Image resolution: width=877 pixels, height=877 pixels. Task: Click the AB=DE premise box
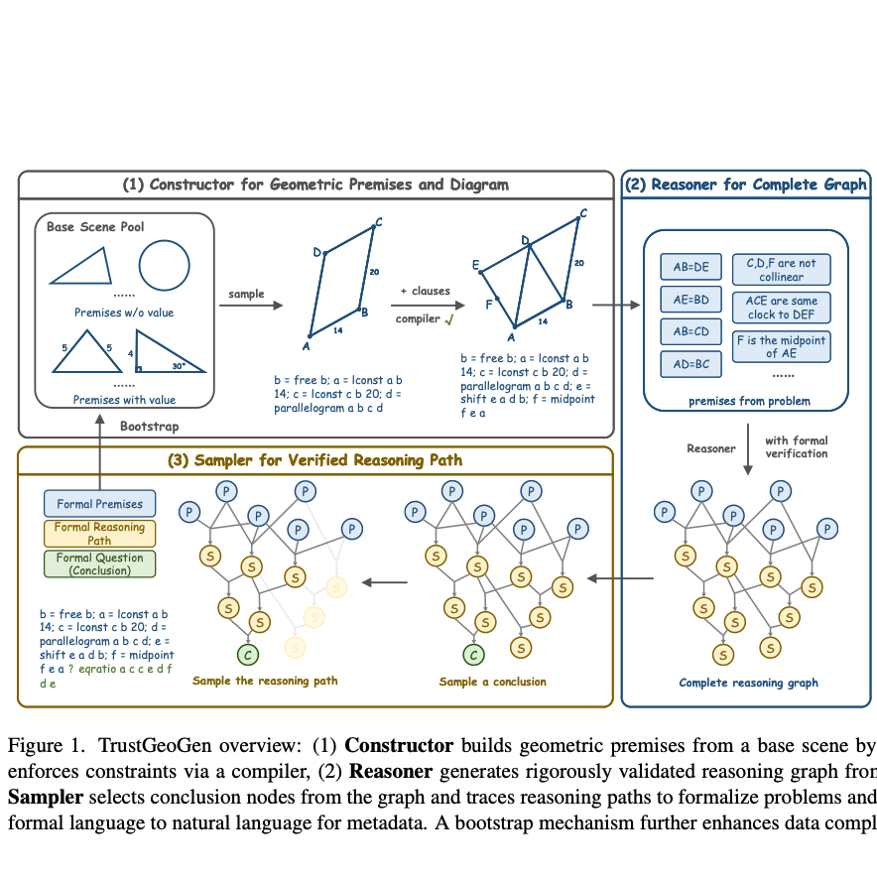(690, 267)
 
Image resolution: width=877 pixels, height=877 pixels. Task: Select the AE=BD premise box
(690, 299)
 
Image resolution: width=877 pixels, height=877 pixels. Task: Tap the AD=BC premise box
(690, 364)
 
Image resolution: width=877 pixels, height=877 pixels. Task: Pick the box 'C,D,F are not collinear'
(781, 270)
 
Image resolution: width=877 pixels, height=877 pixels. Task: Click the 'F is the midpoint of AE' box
(781, 346)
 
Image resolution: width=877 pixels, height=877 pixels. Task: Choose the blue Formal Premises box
(99, 504)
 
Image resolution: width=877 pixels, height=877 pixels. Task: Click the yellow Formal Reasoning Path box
(99, 534)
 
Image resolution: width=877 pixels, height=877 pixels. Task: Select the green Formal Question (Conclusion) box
(99, 564)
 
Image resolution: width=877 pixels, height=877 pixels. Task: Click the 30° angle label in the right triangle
(178, 364)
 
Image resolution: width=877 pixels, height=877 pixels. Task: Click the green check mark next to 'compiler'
(449, 319)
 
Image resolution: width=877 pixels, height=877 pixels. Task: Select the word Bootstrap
(149, 426)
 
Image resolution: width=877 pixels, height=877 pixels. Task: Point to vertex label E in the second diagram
(475, 264)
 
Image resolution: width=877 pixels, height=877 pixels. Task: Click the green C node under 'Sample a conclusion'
(474, 654)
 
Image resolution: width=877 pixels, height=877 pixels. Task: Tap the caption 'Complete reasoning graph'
(748, 683)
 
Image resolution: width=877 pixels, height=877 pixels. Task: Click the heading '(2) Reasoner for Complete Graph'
(744, 185)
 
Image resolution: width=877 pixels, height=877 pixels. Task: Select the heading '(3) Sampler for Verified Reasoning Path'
(315, 460)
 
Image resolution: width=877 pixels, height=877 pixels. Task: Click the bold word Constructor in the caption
(398, 746)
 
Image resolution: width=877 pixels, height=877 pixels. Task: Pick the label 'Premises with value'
(125, 400)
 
